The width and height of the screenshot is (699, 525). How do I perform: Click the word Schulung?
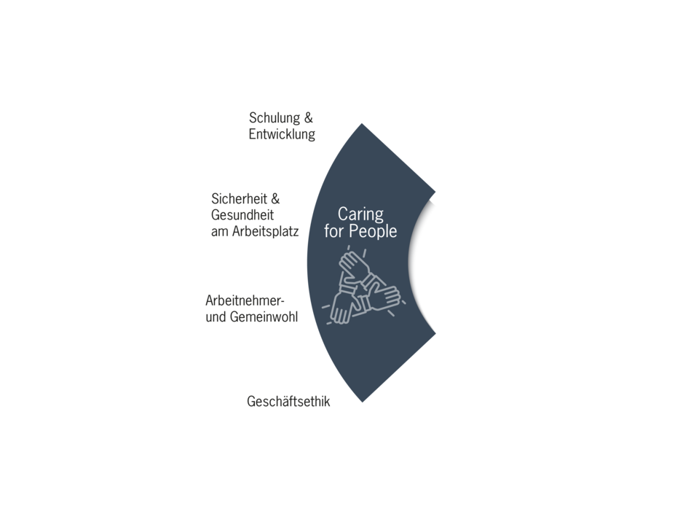[x=275, y=118]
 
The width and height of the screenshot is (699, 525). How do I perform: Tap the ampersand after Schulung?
[x=309, y=118]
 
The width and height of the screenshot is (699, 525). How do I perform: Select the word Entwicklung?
[x=282, y=134]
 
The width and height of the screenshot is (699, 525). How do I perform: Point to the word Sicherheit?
[x=239, y=198]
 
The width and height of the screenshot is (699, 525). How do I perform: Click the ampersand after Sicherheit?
[x=275, y=198]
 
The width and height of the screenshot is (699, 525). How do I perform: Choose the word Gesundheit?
[x=242, y=214]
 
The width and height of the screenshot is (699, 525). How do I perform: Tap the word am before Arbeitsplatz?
[x=219, y=232]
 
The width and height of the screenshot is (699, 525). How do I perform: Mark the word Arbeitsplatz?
[x=265, y=232]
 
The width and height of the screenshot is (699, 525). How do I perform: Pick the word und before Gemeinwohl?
[x=216, y=317]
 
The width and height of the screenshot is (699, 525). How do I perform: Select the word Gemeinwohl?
[x=264, y=317]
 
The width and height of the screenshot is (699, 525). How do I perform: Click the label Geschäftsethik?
[x=288, y=401]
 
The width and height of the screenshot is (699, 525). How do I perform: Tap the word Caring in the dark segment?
[x=360, y=214]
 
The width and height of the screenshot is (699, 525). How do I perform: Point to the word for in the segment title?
[x=334, y=231]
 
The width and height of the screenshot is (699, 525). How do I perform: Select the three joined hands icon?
[x=363, y=285]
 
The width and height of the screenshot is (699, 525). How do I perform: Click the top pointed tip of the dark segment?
[x=362, y=124]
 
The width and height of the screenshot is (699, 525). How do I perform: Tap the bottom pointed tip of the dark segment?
[x=363, y=402]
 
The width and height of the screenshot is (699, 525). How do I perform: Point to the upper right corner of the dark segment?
[x=435, y=192]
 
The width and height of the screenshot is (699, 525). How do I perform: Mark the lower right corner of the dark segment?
[x=435, y=332]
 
